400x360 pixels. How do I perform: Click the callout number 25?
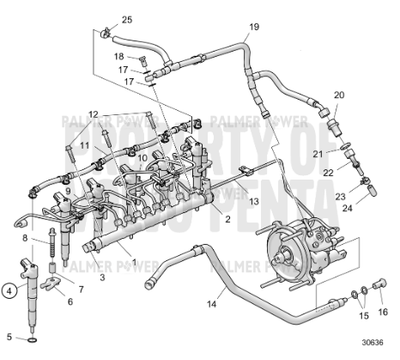127,20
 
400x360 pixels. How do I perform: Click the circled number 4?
10,291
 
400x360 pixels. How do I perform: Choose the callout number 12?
93,114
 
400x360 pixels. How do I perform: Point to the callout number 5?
10,337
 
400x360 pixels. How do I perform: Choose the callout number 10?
143,157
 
